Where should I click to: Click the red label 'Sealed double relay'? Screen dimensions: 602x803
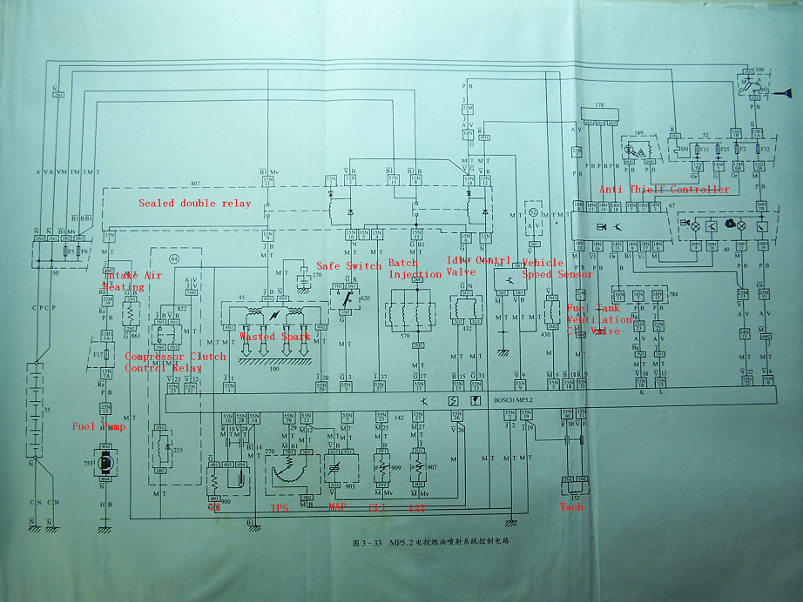pyautogui.click(x=194, y=204)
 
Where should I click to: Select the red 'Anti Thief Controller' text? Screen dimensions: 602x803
pyautogui.click(x=665, y=189)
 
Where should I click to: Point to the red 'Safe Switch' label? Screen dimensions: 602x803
pyautogui.click(x=348, y=266)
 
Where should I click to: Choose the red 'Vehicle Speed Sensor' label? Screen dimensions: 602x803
pyautogui.click(x=557, y=268)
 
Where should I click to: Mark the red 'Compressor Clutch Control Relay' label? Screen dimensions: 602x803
pyautogui.click(x=175, y=362)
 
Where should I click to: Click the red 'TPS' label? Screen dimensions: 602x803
pyautogui.click(x=280, y=506)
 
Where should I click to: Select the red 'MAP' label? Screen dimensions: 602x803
pyautogui.click(x=337, y=506)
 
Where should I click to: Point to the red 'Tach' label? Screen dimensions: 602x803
pyautogui.click(x=571, y=507)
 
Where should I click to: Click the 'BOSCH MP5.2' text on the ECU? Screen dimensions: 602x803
pyautogui.click(x=512, y=399)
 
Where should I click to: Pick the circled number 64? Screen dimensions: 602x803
pyautogui.click(x=174, y=258)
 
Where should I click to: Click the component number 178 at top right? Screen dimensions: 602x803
pyautogui.click(x=598, y=105)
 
